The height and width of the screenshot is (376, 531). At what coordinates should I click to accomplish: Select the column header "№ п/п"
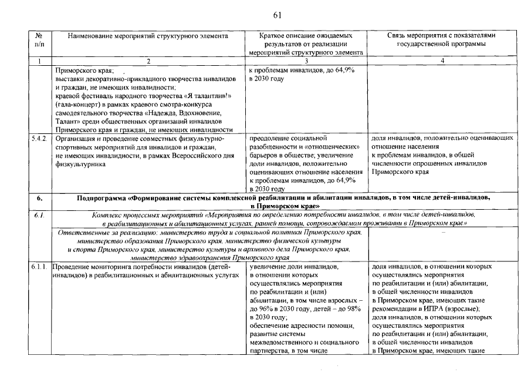tap(39, 39)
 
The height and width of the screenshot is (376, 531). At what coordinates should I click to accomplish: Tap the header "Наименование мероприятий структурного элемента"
tap(148, 35)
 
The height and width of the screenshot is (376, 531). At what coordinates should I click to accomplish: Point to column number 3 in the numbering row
tap(306, 61)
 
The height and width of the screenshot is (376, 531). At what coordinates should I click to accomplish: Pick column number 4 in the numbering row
tap(442, 61)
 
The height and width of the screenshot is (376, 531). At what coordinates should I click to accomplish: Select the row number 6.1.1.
tap(39, 267)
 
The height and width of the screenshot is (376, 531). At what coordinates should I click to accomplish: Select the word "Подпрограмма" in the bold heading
tap(102, 198)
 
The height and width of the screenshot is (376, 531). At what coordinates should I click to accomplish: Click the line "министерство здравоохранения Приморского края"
tap(210, 258)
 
